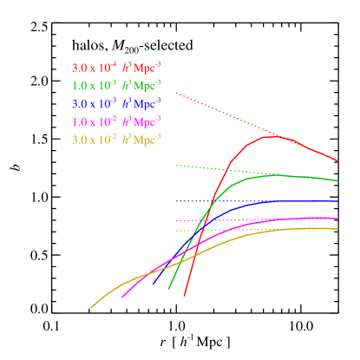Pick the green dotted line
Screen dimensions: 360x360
coord(217,168)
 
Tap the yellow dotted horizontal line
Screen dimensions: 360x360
coord(187,231)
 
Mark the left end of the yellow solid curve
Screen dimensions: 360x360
coord(91,307)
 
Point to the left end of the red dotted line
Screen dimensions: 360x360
coord(177,93)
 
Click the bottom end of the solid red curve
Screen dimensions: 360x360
coord(185,296)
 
